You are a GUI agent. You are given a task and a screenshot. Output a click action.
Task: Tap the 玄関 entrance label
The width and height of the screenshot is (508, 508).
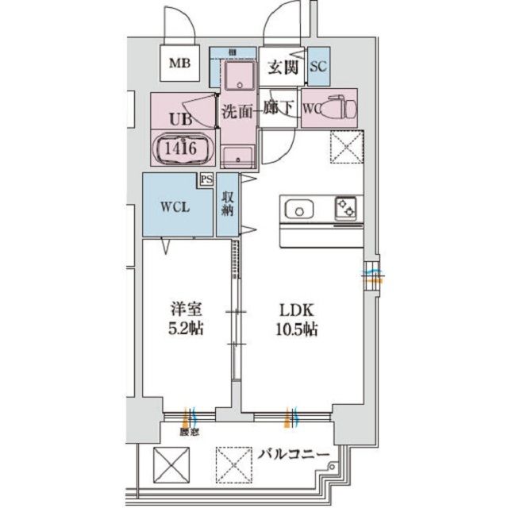[x=282, y=68]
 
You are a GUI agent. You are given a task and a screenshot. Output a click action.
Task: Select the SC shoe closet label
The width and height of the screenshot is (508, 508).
[x=317, y=68]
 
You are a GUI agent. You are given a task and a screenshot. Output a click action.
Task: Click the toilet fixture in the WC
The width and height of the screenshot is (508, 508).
[x=337, y=106]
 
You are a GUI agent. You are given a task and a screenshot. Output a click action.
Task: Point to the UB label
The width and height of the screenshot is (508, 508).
[x=180, y=121]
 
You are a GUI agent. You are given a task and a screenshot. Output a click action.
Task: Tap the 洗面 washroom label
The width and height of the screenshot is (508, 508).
[x=237, y=111]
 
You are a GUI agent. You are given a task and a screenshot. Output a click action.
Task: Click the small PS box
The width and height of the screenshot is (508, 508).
[x=206, y=180]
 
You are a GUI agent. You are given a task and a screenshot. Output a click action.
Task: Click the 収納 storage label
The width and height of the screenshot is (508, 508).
[x=228, y=205]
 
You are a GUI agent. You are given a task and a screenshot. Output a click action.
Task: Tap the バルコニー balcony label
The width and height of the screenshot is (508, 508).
[x=294, y=455]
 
